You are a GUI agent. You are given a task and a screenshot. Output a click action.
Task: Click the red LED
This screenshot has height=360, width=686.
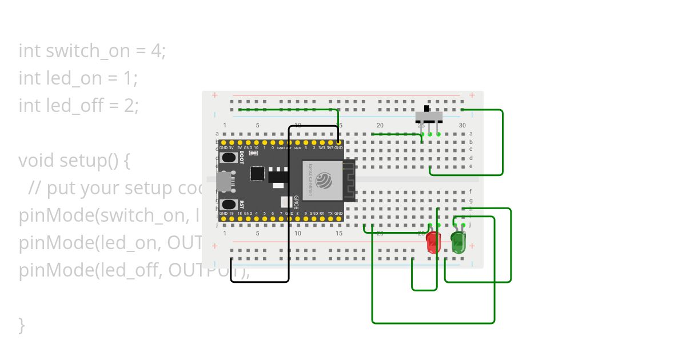pyautogui.click(x=433, y=242)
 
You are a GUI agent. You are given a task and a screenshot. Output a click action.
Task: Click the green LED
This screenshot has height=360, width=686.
pyautogui.click(x=458, y=242)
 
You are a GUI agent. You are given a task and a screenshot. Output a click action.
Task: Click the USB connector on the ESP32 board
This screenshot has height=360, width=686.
pyautogui.click(x=225, y=182)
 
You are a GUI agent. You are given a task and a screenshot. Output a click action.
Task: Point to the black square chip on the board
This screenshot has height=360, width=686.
pyautogui.click(x=257, y=173)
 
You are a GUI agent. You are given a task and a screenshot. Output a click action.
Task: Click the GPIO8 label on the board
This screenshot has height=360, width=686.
pyautogui.click(x=296, y=202)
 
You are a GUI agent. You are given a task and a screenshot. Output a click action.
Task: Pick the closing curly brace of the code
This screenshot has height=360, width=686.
pyautogui.click(x=22, y=325)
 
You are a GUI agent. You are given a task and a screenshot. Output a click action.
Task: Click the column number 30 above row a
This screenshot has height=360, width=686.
pyautogui.click(x=462, y=125)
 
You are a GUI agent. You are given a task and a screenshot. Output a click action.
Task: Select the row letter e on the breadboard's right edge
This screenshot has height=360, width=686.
pyautogui.click(x=470, y=166)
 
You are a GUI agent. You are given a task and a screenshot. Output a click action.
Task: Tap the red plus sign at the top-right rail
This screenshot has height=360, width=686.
pyautogui.click(x=472, y=95)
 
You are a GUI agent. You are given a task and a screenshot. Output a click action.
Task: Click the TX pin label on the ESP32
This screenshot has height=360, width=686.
pyautogui.click(x=330, y=213)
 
